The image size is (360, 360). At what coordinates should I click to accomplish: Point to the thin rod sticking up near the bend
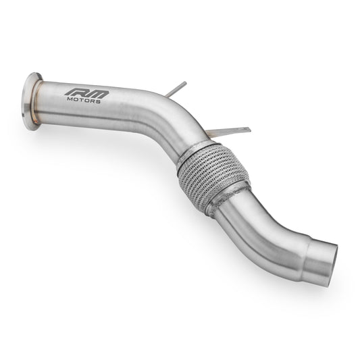(x=176, y=89)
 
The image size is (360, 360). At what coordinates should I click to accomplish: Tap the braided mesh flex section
(x=213, y=174)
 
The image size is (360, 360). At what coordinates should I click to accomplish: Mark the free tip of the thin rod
(x=185, y=82)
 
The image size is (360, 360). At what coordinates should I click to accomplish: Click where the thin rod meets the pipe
(x=168, y=95)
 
